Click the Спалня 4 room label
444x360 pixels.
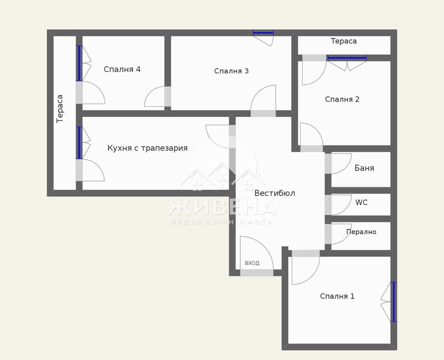(122, 69)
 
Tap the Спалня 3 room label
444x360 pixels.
(231, 71)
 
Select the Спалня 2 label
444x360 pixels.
(342, 99)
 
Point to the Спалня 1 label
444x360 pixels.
(337, 296)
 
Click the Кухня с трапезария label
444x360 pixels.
(147, 148)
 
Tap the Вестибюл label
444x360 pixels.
(275, 193)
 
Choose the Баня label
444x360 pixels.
(364, 168)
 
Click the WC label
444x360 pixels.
(361, 202)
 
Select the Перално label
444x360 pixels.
(361, 232)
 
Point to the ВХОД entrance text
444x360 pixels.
(252, 263)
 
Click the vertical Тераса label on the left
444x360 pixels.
(60, 109)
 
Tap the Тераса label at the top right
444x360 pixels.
(344, 41)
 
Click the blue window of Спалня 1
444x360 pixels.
(394, 302)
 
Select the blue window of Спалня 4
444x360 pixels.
(79, 63)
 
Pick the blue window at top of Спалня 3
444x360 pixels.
(263, 33)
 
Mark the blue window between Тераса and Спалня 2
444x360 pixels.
(347, 58)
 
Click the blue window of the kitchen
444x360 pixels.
(79, 143)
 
